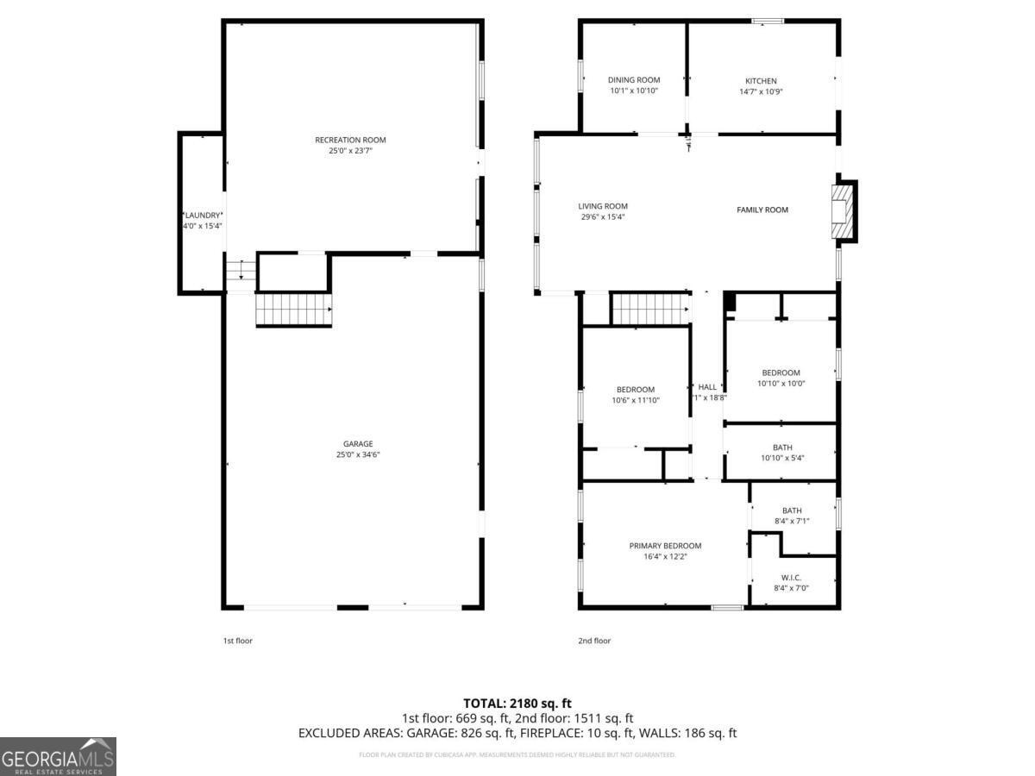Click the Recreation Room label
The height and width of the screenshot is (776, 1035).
[x=349, y=140]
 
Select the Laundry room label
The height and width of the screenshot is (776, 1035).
[x=203, y=215]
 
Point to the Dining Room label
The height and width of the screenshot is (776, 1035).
[x=634, y=80]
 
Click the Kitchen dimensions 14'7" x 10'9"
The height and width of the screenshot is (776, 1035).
[x=761, y=91]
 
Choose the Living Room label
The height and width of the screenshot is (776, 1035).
[x=603, y=206]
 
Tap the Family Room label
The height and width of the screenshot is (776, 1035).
[x=762, y=210]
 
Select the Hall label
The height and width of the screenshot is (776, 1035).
[x=707, y=387]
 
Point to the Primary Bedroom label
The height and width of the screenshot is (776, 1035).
[x=665, y=546]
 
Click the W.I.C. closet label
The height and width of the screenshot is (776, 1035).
[x=792, y=577]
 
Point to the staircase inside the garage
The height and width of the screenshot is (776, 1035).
[x=294, y=309]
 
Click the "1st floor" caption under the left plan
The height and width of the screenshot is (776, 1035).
[x=238, y=641]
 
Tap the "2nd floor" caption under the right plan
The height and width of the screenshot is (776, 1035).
[x=594, y=641]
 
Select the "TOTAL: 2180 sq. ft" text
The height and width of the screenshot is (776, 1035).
[x=517, y=703]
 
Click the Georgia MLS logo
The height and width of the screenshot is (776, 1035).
[x=58, y=756]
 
